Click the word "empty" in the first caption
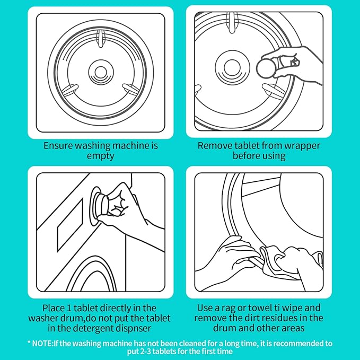click(x=100, y=156)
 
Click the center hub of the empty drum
click(x=100, y=70)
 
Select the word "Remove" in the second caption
click(x=214, y=145)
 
